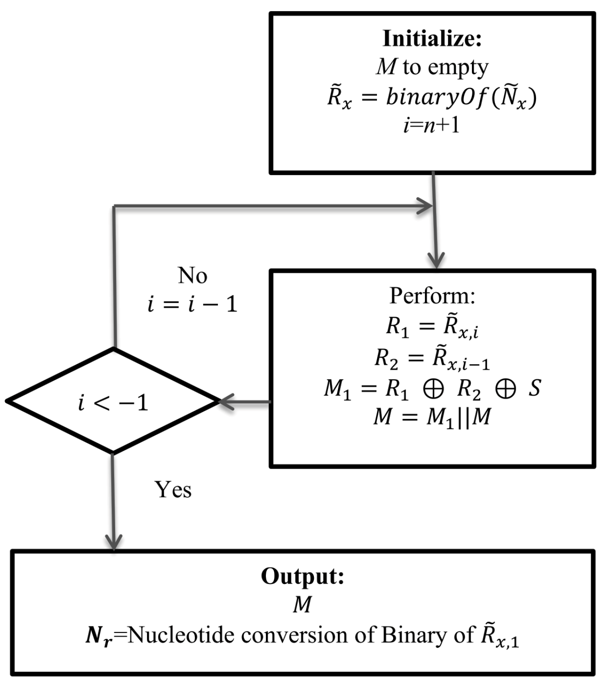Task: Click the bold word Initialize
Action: [432, 39]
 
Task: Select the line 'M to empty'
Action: [432, 67]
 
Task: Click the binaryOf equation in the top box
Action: [432, 98]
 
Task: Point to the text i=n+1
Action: [432, 125]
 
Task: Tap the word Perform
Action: [432, 295]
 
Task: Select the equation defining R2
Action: [432, 358]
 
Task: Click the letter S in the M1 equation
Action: [534, 388]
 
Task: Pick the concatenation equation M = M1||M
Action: [432, 417]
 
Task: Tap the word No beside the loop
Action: [192, 276]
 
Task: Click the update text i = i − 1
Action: [192, 304]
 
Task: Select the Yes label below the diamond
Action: [173, 490]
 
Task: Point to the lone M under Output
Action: [302, 604]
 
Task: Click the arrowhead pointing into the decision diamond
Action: [226, 402]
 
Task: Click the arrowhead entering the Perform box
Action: [435, 260]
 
